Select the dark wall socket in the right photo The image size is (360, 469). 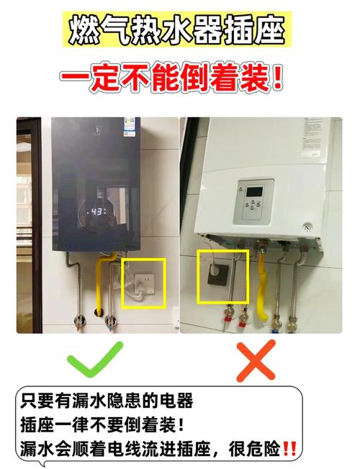coord(219,273)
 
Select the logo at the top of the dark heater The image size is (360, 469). coord(93,132)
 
